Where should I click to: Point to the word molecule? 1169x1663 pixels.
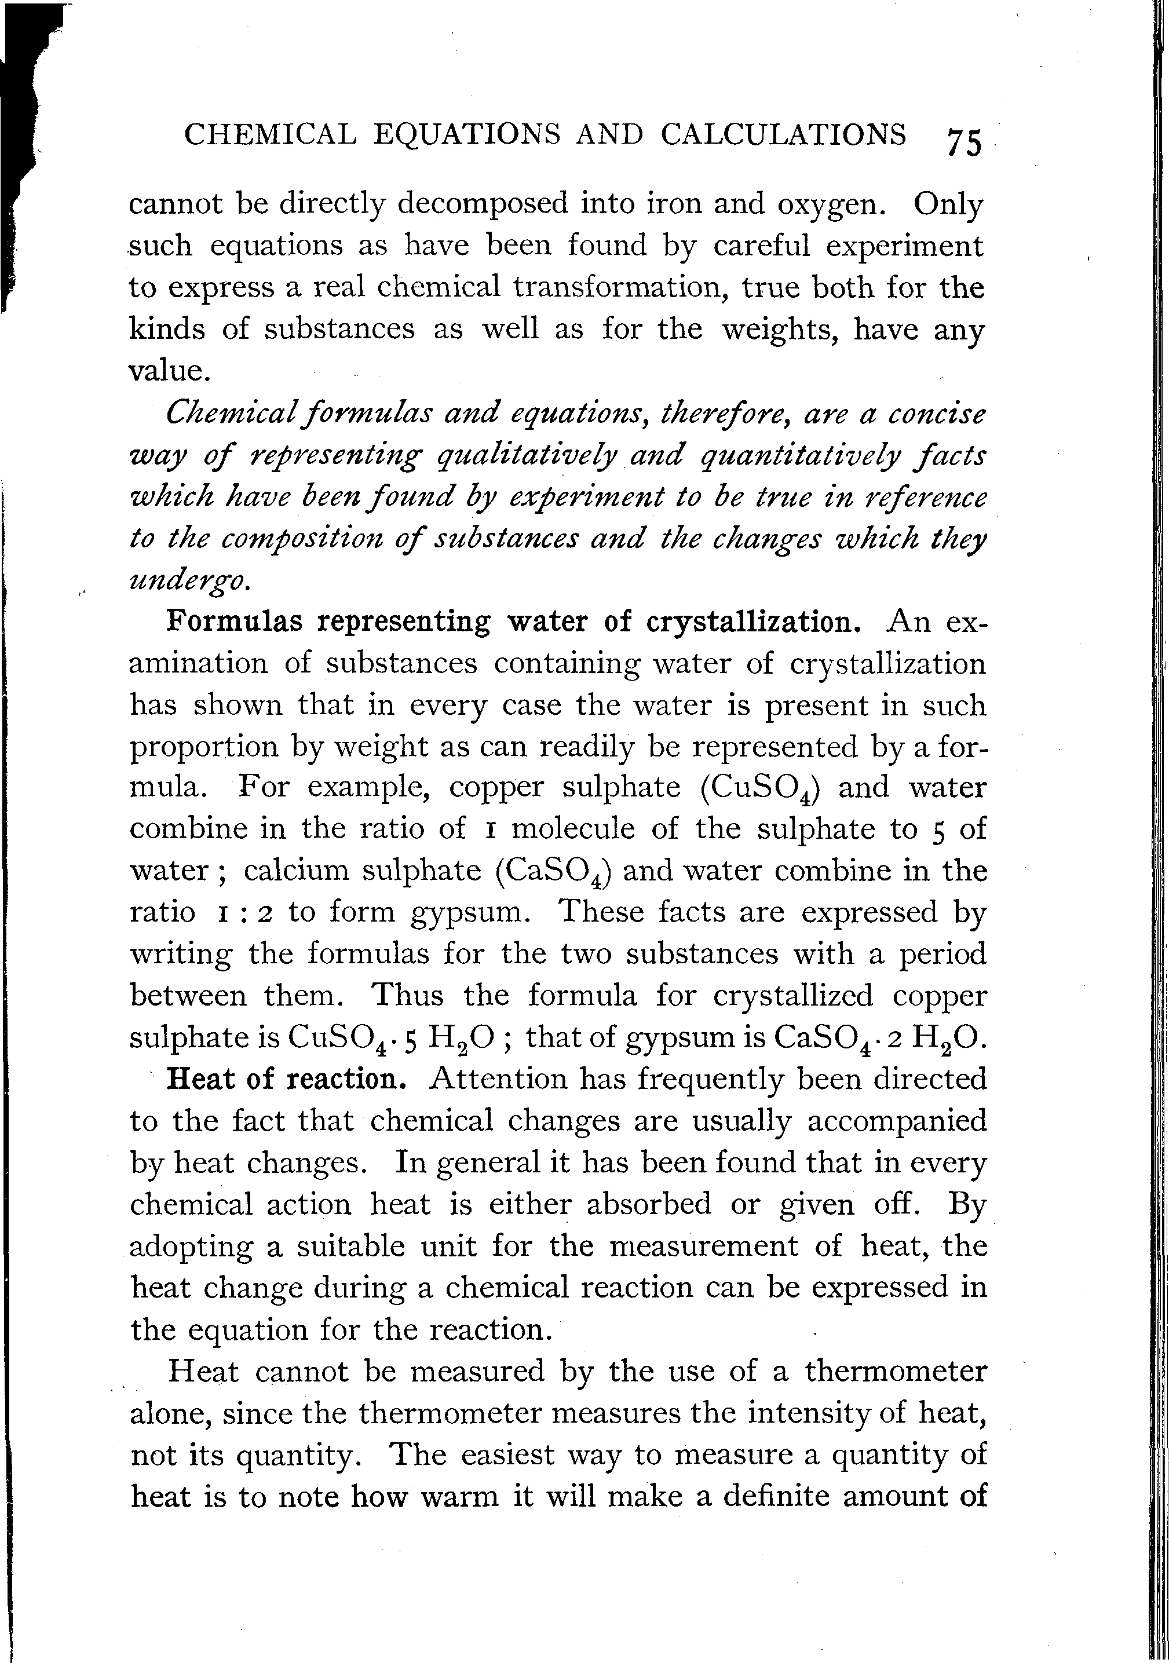(x=573, y=828)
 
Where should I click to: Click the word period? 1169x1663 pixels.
(x=943, y=955)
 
